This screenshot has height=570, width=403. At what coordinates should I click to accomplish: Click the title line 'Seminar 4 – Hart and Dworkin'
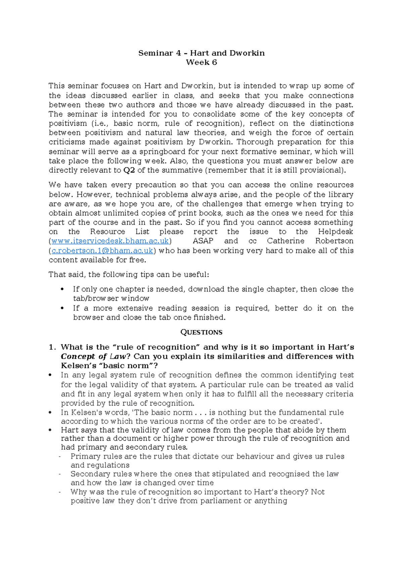(x=201, y=53)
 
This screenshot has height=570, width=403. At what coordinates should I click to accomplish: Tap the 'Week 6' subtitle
(x=201, y=63)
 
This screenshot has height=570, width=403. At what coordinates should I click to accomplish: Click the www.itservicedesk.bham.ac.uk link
(x=110, y=241)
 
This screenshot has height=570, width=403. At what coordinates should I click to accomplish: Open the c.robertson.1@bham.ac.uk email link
(x=102, y=251)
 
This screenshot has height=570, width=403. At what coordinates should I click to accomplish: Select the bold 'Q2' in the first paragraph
(x=129, y=170)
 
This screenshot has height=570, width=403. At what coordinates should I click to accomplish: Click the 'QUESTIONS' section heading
(x=201, y=332)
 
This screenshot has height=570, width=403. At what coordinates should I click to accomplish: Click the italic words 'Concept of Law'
(x=93, y=357)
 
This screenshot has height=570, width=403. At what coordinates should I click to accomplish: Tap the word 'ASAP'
(x=203, y=241)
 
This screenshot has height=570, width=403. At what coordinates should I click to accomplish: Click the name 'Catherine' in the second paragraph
(x=285, y=241)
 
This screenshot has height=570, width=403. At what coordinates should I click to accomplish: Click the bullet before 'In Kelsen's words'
(x=50, y=412)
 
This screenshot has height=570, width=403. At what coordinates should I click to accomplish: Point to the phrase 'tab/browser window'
(x=111, y=298)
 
